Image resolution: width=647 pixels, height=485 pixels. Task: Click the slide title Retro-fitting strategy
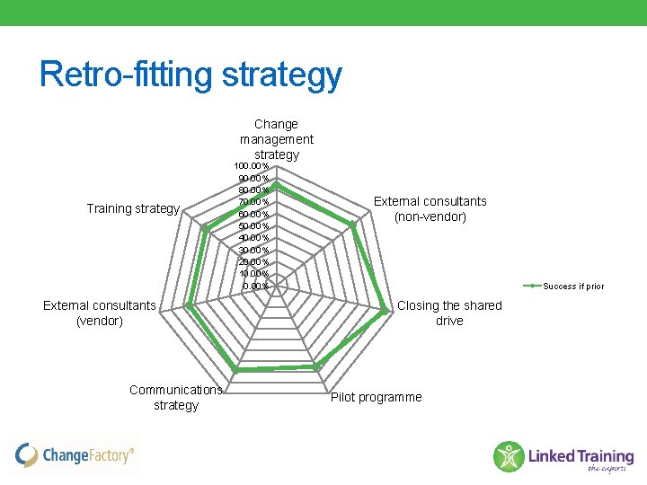191,75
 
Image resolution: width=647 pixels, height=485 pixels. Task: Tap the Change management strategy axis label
277,139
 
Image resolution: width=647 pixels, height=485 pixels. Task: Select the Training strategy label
133,208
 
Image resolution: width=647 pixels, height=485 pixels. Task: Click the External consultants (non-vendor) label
430,208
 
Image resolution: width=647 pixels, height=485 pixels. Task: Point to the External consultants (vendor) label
99,313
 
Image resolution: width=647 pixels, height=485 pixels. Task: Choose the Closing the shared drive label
449,313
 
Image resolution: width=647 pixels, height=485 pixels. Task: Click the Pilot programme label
376,397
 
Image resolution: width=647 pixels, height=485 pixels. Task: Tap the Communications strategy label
176,397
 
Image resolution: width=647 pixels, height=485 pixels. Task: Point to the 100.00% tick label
251,166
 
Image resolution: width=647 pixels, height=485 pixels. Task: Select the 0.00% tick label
255,287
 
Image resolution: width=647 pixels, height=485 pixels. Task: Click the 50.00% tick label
253,226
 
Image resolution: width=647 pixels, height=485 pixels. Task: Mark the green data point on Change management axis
277,184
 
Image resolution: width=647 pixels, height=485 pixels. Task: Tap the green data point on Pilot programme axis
316,366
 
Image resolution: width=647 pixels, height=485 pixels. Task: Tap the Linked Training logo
563,456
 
